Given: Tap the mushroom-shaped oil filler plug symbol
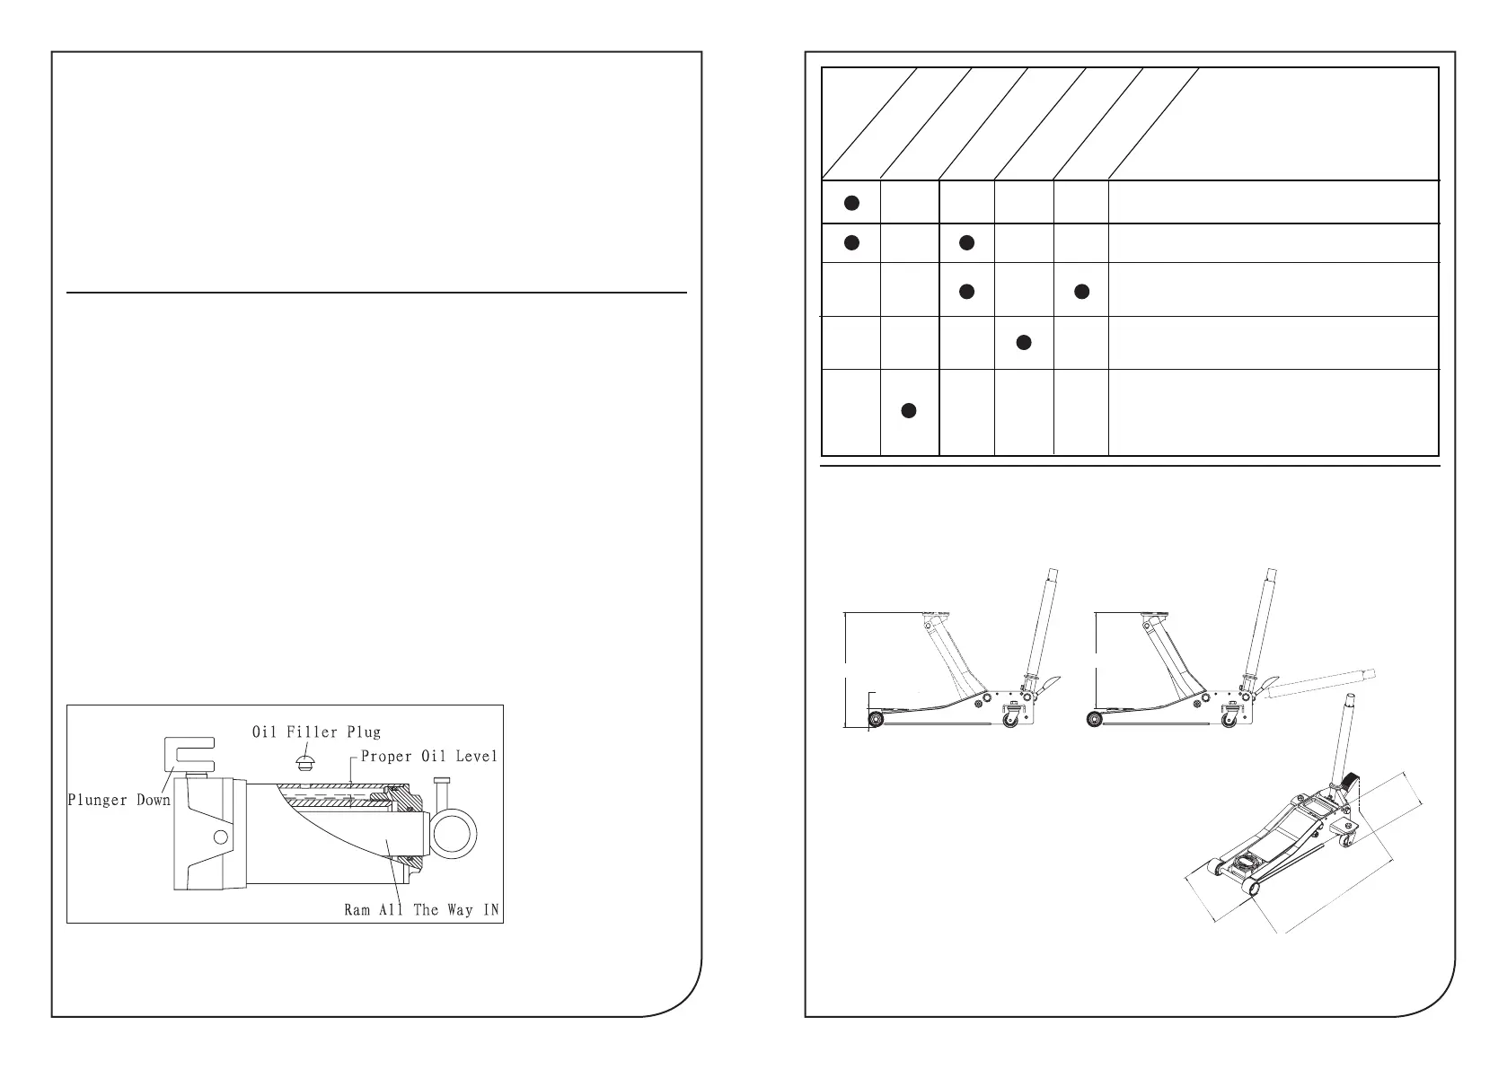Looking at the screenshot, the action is click(x=305, y=763).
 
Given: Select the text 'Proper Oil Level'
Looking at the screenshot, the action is click(x=428, y=757).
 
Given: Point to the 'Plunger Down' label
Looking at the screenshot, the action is click(x=119, y=800).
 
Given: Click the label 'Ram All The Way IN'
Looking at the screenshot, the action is click(x=422, y=909).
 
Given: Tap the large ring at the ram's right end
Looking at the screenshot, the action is click(x=459, y=833).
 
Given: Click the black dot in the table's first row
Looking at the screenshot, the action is click(x=851, y=203).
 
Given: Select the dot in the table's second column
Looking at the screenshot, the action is click(x=908, y=410).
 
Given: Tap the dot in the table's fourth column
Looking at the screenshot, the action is click(x=1022, y=342).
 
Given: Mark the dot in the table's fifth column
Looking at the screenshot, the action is click(x=1081, y=291).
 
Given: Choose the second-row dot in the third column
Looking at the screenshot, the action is click(x=965, y=242).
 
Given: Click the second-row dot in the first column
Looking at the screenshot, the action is click(x=851, y=242).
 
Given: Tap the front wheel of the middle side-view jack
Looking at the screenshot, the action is click(x=1095, y=718).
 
